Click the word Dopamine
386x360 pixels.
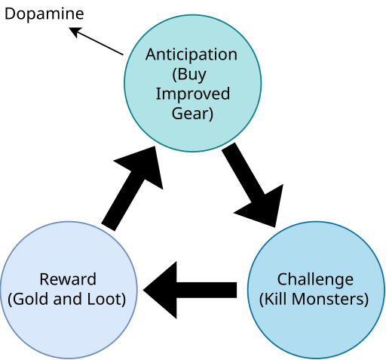(44, 14)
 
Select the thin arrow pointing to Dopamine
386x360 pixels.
(96, 42)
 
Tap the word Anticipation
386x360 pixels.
(191, 54)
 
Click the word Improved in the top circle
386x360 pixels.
(193, 94)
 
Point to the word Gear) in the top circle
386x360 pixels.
(192, 114)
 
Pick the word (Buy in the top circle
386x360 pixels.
(189, 75)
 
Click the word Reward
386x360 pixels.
(68, 279)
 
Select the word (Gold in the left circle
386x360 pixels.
(29, 300)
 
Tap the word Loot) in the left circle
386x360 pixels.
(106, 300)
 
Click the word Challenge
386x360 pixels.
(315, 280)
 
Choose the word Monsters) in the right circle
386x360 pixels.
(330, 300)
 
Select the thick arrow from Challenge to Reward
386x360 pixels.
(190, 290)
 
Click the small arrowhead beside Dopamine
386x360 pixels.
(75, 31)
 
